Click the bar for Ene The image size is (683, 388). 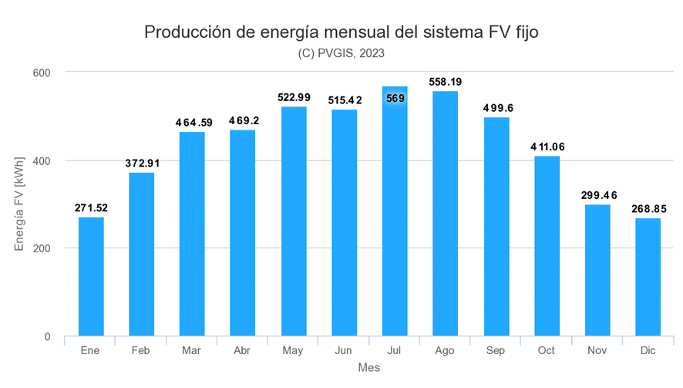coord(91,277)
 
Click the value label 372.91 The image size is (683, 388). coord(142,163)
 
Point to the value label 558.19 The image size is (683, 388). coord(446,81)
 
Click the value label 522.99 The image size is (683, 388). coord(294,97)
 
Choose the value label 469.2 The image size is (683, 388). coord(243,120)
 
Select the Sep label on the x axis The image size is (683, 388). coord(496,351)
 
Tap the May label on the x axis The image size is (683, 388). coord(294,351)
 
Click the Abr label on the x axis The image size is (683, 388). coord(243,351)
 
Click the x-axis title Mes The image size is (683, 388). coord(368,369)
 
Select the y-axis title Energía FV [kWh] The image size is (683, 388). coord(20,204)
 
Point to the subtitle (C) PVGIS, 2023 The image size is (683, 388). coord(341,53)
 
